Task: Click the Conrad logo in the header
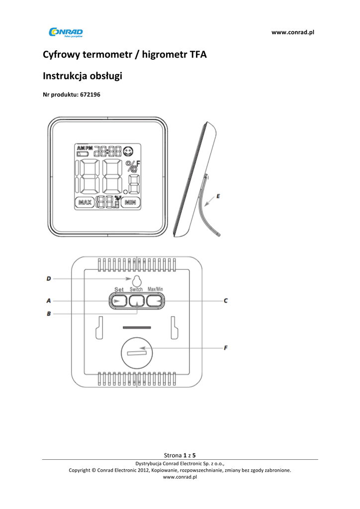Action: click(66, 33)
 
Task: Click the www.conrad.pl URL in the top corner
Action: click(293, 32)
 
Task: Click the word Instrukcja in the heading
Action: click(65, 76)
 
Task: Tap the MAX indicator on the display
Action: click(85, 202)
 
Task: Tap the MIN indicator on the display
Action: click(131, 202)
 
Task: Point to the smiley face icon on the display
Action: click(129, 150)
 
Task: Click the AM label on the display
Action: click(81, 148)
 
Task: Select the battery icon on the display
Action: click(83, 155)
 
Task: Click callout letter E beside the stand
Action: click(219, 196)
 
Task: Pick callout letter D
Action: click(49, 279)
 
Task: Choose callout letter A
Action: click(49, 300)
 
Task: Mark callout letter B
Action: click(49, 314)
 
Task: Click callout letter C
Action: click(226, 300)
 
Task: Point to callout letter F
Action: click(226, 348)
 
